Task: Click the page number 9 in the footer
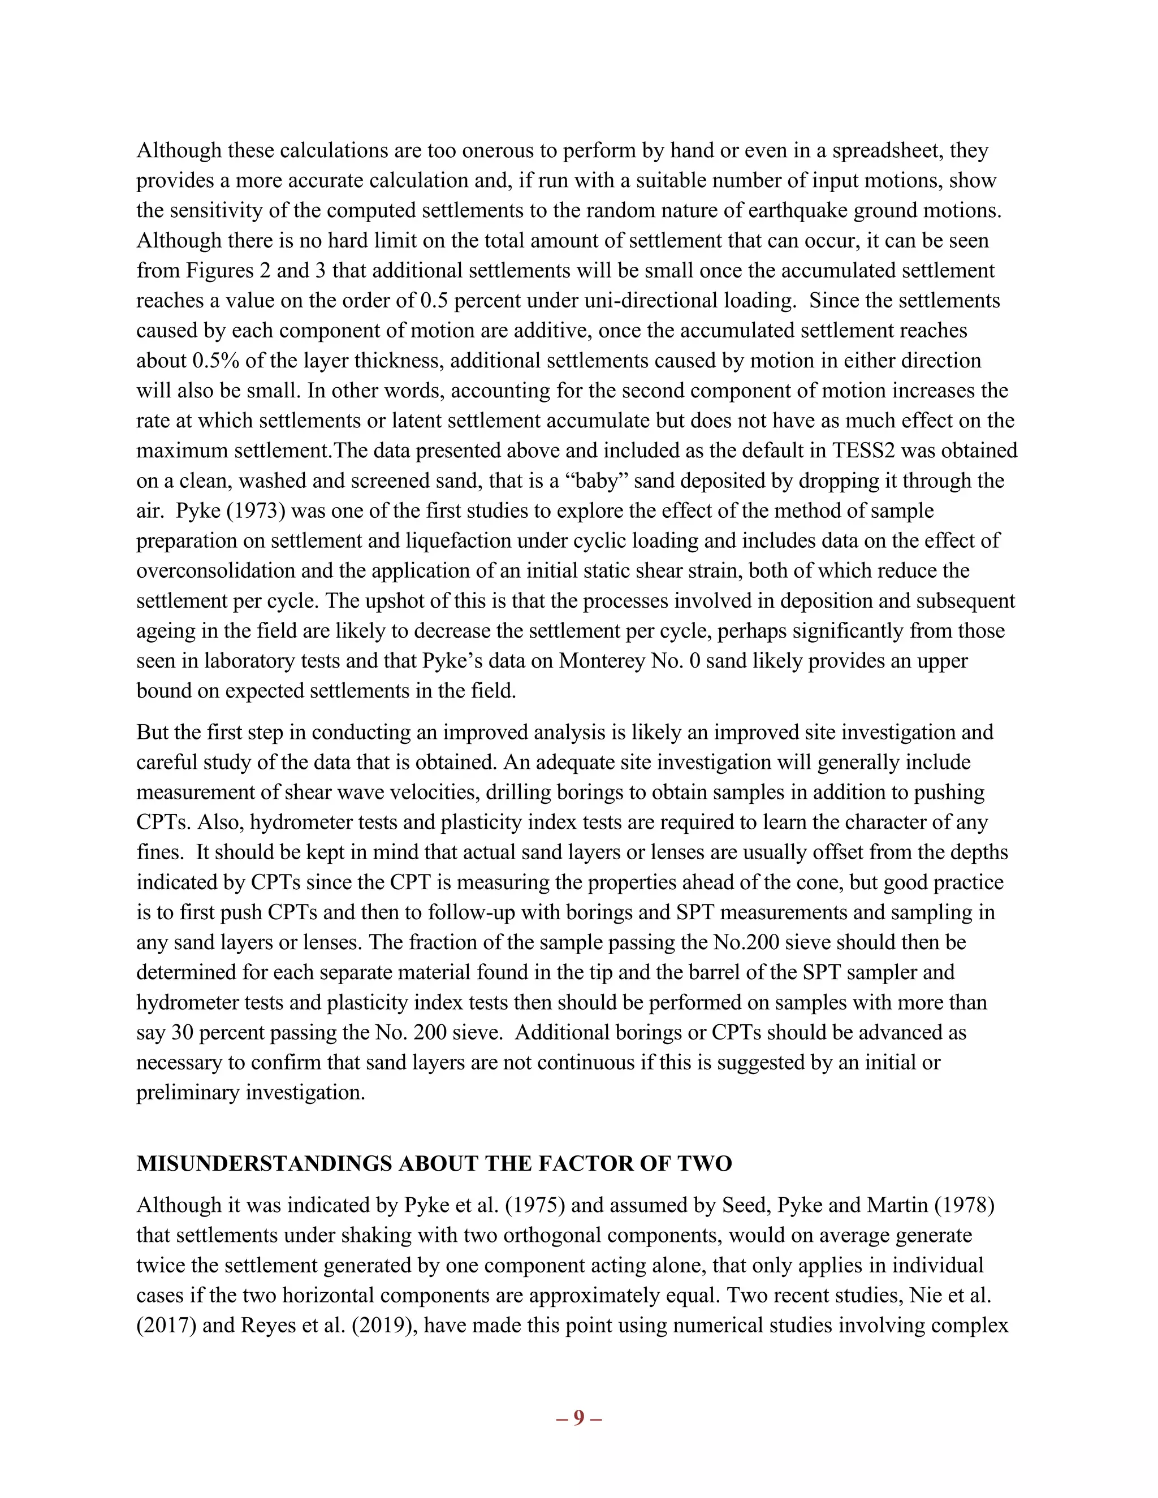click(578, 1417)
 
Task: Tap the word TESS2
click(864, 451)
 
